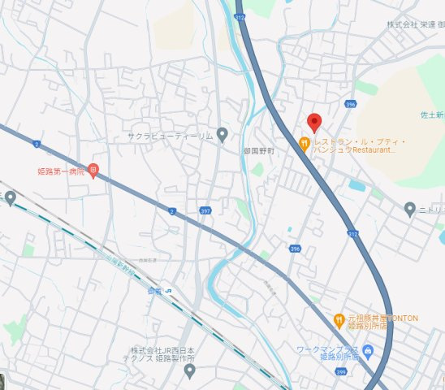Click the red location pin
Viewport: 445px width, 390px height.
pyautogui.click(x=314, y=123)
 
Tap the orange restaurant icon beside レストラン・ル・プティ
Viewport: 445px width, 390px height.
pyautogui.click(x=305, y=145)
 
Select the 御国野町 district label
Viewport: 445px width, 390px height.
pyautogui.click(x=259, y=151)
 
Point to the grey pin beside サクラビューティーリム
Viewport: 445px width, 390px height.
pyautogui.click(x=222, y=135)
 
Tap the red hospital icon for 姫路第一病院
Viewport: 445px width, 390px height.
pyautogui.click(x=93, y=171)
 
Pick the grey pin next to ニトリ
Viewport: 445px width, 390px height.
pyautogui.click(x=410, y=209)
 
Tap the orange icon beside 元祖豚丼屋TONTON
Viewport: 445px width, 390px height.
pyautogui.click(x=339, y=318)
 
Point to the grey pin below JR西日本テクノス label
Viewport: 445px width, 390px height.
pyautogui.click(x=189, y=371)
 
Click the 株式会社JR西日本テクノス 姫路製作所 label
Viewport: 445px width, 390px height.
pyautogui.click(x=162, y=354)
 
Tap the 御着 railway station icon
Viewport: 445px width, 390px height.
pyautogui.click(x=168, y=290)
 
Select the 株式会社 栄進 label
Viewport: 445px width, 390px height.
pyautogui.click(x=411, y=24)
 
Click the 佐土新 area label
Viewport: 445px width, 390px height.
pyautogui.click(x=432, y=115)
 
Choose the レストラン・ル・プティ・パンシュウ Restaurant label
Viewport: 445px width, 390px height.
pyautogui.click(x=358, y=145)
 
